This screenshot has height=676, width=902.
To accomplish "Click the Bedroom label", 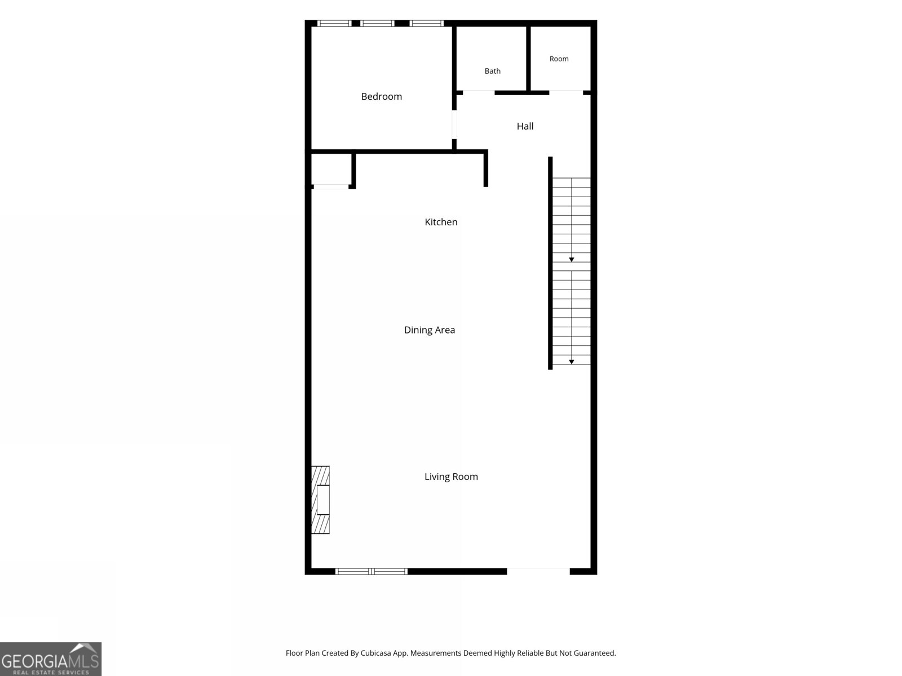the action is (x=381, y=96).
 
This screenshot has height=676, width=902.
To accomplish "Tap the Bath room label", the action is (x=492, y=71).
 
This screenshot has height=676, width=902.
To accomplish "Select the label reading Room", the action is (x=559, y=59).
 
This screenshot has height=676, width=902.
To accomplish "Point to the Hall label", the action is (x=525, y=126).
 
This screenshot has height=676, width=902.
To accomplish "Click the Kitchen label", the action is (x=441, y=221).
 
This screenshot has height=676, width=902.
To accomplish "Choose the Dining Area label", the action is (x=430, y=330).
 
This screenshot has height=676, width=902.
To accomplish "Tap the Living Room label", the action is (x=451, y=477).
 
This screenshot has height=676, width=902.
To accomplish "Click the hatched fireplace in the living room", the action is (x=320, y=500).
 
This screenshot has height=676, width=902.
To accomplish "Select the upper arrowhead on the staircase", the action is (x=571, y=260).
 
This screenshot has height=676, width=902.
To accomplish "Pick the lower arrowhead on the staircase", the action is (x=571, y=362).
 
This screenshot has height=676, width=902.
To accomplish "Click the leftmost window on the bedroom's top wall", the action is (x=334, y=24).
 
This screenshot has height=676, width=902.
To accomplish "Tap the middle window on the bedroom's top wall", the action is (x=377, y=24).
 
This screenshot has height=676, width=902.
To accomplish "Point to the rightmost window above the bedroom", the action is (x=427, y=24).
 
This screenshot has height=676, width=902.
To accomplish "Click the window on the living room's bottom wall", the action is (x=371, y=571).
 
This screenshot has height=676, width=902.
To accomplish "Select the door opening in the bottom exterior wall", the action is (x=538, y=571).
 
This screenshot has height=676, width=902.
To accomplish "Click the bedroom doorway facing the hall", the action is (x=454, y=124).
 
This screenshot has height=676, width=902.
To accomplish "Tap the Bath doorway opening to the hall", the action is (x=479, y=93).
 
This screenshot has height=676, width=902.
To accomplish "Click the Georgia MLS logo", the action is (x=51, y=659).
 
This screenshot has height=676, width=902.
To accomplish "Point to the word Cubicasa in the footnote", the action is (x=375, y=653).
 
